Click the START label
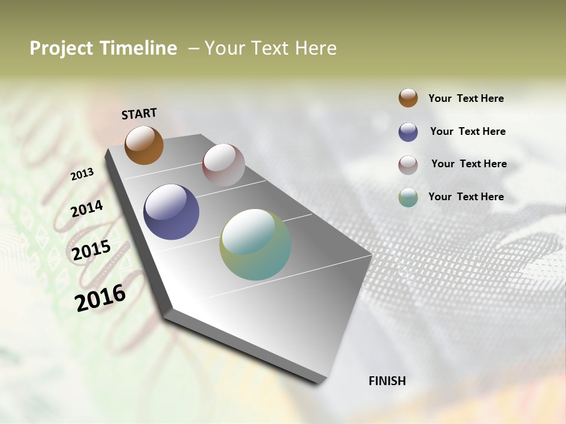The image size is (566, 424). coord(139,114)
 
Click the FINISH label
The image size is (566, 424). coord(387,381)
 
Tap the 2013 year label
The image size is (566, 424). coord(83,174)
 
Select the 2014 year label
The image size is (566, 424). coord(87,209)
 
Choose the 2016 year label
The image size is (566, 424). coord(100,297)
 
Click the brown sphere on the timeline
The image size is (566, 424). coord(144,145)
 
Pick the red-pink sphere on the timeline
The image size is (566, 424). coord(223,165)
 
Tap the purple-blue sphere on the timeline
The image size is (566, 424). coord(171,212)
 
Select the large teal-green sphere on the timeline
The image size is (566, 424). coord(255,244)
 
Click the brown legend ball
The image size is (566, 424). coord(408,98)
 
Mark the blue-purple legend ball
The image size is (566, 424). coord(408,132)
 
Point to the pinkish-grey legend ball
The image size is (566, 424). coord(408,164)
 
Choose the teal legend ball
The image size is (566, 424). coord(408,197)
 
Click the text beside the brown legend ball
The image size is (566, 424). coord(466,98)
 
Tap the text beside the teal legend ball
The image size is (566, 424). coord(466,197)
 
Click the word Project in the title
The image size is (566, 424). coord(61,48)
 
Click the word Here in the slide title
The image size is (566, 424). coord(315,48)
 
